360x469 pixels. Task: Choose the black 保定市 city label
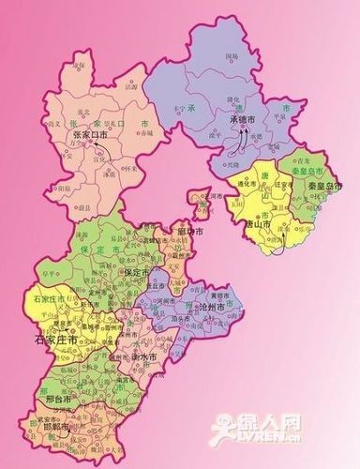click(139, 272)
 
